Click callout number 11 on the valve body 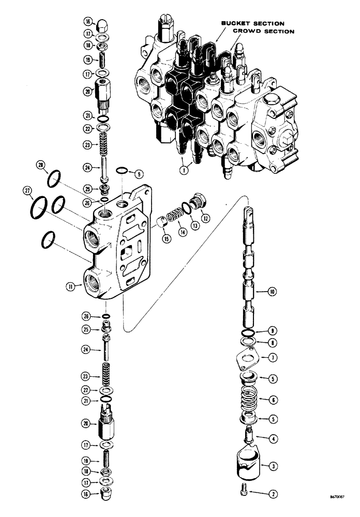tap(76, 284)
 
